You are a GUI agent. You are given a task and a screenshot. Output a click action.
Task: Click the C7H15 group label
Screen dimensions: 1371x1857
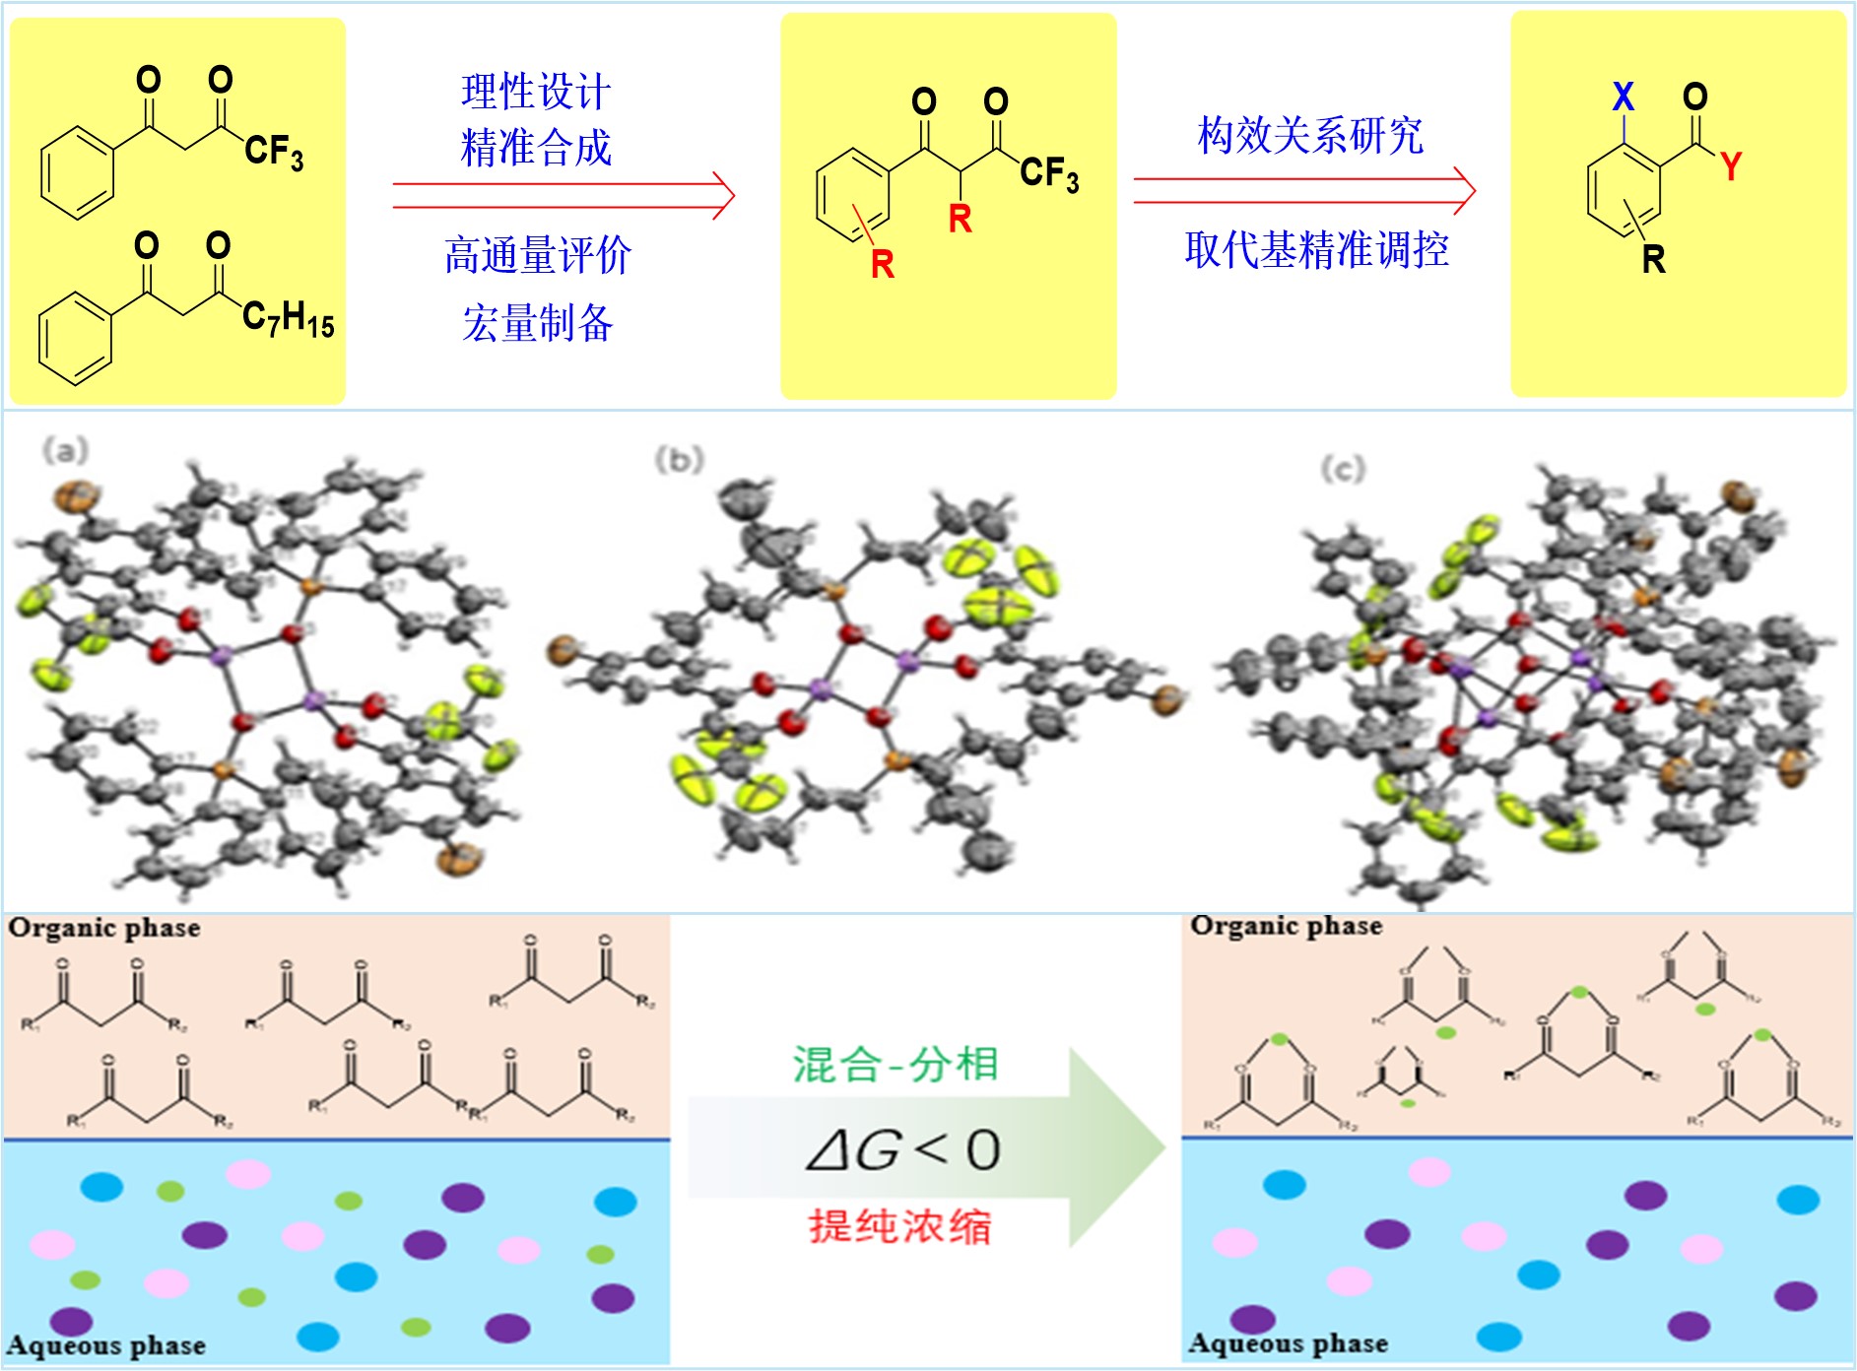coord(288,318)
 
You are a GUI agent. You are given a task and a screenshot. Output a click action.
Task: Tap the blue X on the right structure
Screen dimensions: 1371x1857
coord(1623,97)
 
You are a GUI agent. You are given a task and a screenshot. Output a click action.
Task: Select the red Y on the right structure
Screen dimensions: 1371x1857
coord(1731,165)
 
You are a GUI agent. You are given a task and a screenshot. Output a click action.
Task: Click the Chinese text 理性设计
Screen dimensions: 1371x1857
coord(536,93)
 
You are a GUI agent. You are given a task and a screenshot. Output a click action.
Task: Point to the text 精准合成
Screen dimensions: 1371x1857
coord(536,148)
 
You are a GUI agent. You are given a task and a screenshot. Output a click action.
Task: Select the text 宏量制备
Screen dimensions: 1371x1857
coord(538,323)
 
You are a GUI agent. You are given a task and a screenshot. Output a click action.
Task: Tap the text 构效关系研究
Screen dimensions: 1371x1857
coord(1310,136)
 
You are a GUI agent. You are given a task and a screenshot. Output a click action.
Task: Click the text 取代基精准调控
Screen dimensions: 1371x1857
coord(1317,250)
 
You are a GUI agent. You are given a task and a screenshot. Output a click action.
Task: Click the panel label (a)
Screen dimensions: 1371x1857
coord(65,451)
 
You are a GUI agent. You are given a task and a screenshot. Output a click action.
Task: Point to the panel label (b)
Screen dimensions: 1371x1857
coord(680,459)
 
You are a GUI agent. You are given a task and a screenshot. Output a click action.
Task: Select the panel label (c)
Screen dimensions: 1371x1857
coord(1343,469)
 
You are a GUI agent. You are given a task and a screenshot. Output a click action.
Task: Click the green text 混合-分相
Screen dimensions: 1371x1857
coord(895,1065)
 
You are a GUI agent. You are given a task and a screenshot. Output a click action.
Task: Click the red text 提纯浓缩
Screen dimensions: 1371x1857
coord(900,1227)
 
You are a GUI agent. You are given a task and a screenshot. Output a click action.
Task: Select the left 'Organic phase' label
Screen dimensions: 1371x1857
coord(104,928)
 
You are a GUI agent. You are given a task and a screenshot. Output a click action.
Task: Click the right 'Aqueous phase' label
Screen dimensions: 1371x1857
coord(1288,1343)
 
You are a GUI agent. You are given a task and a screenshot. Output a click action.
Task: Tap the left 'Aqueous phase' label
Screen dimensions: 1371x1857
coord(106,1345)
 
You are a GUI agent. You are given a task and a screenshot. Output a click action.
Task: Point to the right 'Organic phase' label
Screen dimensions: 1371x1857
coord(1286,926)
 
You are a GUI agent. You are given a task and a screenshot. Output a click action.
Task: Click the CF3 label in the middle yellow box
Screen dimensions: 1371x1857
coord(1049,173)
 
